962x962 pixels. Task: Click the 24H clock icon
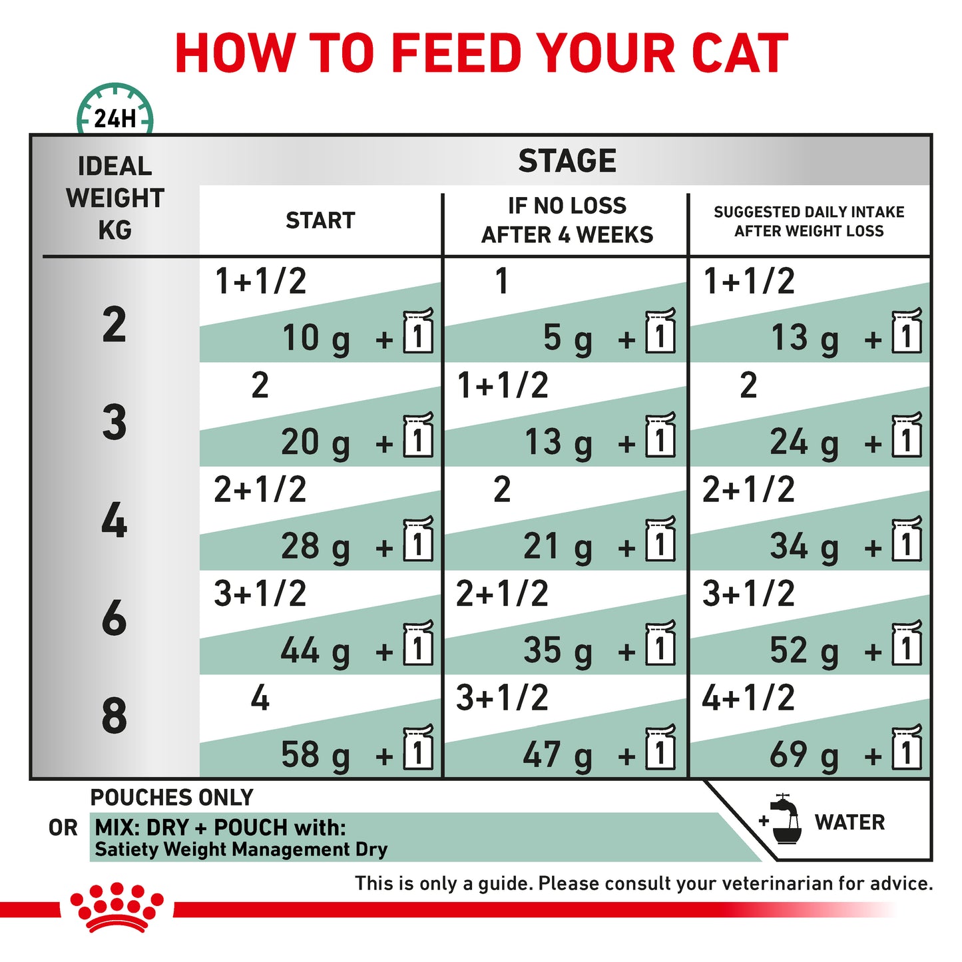[115, 111]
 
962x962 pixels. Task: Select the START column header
[320, 220]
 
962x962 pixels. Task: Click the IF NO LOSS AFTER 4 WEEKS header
[567, 220]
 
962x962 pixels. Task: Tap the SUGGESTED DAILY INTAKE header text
[809, 221]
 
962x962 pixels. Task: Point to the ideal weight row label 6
[115, 617]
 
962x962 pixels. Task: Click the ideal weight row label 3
[115, 422]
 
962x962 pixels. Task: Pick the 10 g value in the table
[316, 338]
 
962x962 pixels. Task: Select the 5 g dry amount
[567, 338]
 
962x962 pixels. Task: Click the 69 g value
[804, 755]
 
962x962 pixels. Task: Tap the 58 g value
[315, 755]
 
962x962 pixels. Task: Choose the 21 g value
[557, 547]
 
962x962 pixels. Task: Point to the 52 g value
[804, 650]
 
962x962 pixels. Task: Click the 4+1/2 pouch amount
[748, 698]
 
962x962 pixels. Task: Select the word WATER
[849, 822]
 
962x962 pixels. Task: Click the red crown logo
[117, 907]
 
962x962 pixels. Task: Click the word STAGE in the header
[567, 160]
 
